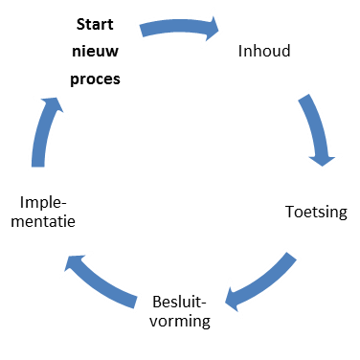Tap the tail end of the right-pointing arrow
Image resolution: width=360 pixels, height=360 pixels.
click(144, 31)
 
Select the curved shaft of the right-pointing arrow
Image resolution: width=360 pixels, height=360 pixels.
click(172, 26)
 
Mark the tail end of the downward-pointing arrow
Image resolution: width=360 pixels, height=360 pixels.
click(304, 99)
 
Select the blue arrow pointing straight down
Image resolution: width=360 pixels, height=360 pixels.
click(316, 129)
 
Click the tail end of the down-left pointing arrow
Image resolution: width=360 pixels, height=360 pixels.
click(290, 258)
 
